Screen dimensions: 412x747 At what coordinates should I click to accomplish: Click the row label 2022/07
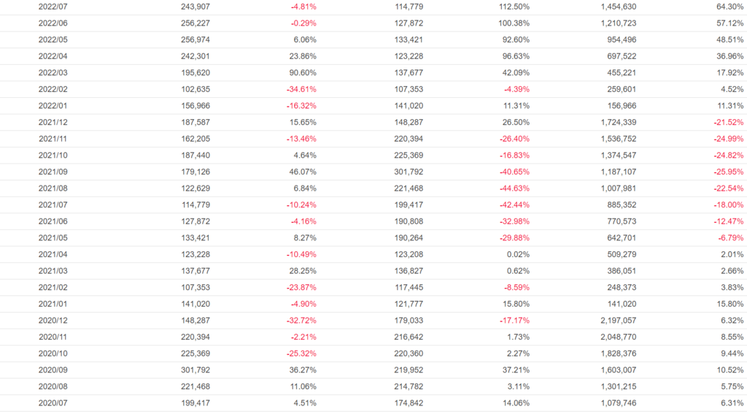(53, 7)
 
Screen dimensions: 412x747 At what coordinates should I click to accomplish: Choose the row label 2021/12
(53, 123)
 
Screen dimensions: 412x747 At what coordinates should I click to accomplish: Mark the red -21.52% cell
(729, 123)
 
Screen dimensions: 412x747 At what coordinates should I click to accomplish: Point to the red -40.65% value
(513, 172)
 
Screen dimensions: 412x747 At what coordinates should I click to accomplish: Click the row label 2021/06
(53, 222)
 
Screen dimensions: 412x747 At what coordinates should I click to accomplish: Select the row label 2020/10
(53, 354)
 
